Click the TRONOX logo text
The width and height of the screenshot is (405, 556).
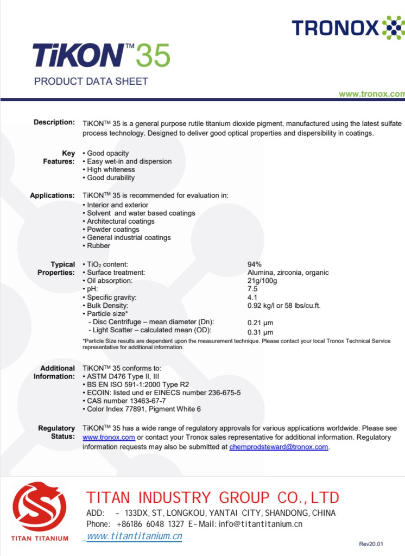pos(336,28)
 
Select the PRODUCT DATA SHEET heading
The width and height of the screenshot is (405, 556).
pos(91,81)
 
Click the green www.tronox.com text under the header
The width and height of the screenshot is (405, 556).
pos(372,94)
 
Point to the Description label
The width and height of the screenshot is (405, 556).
pos(54,122)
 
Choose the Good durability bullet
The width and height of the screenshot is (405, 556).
pos(110,178)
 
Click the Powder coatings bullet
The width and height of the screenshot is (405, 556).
pos(113,229)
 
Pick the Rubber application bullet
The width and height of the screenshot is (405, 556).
pos(98,245)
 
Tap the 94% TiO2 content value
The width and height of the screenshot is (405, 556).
pos(254,264)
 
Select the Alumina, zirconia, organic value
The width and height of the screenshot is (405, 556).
pos(288,273)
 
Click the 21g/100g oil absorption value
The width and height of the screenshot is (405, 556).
pos(262,281)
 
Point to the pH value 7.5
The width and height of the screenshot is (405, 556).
pos(252,289)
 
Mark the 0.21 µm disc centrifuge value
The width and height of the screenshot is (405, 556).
pos(260,323)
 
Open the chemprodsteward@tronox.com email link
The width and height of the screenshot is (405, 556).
pos(279,447)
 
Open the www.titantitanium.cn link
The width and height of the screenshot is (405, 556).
pos(135,536)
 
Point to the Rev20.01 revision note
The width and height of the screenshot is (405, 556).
pos(371,544)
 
